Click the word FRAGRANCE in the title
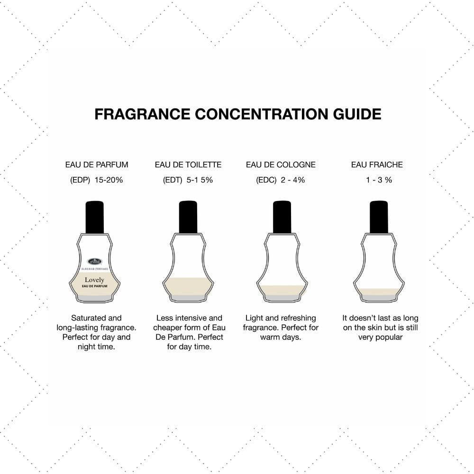click(x=142, y=114)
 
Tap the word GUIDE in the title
click(x=357, y=114)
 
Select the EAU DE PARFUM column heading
click(x=97, y=165)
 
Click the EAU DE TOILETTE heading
click(x=188, y=165)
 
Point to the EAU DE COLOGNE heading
click(x=281, y=165)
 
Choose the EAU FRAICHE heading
click(x=377, y=165)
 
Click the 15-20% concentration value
click(x=109, y=180)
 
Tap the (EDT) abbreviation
click(x=173, y=180)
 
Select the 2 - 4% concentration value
click(x=292, y=180)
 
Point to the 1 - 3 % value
click(x=379, y=180)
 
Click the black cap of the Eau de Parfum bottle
click(x=95, y=217)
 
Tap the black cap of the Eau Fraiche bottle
click(x=379, y=217)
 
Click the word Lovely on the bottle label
click(x=94, y=280)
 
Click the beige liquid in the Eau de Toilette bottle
click(x=188, y=286)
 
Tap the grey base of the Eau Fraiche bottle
click(x=379, y=298)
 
